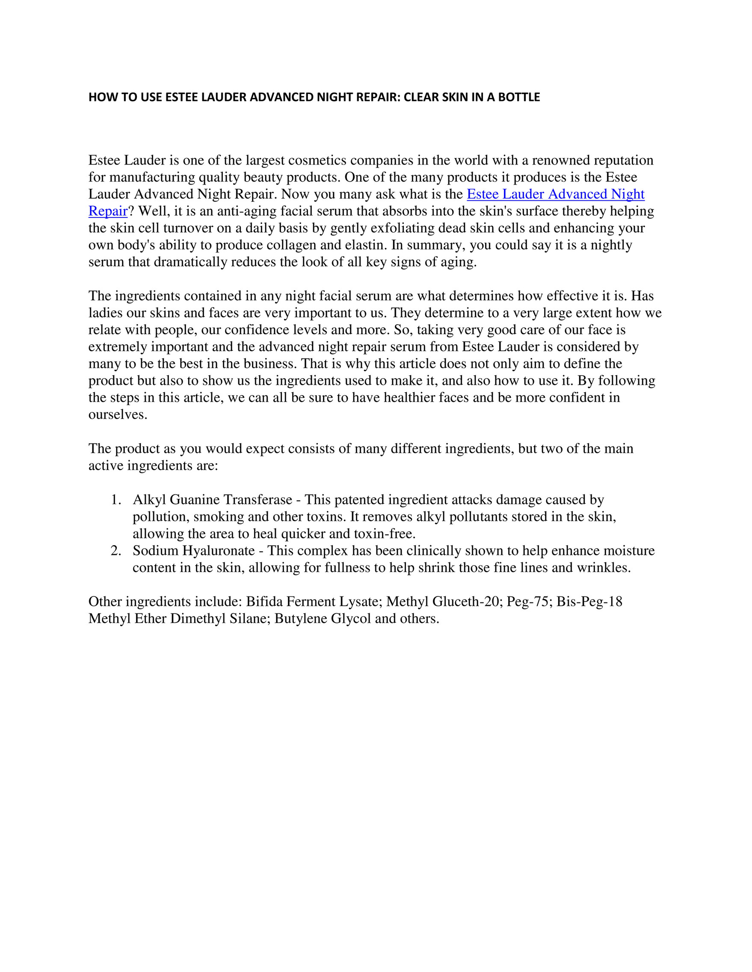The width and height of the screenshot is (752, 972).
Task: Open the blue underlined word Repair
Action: click(x=108, y=211)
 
